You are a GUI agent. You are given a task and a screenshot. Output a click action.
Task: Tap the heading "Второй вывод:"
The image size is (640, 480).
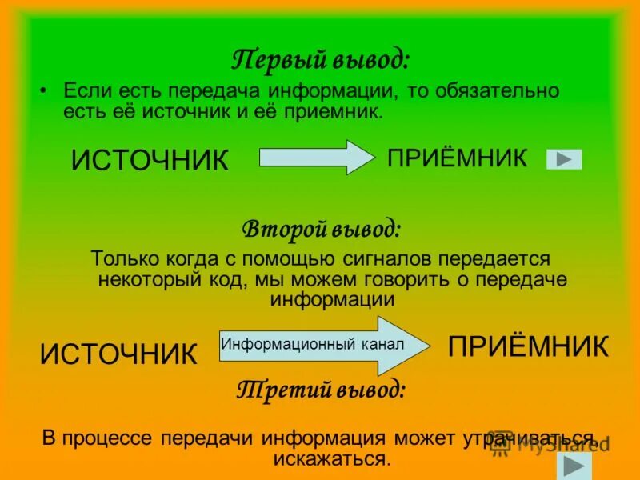tap(322, 230)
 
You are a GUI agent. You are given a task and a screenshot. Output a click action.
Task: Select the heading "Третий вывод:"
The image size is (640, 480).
tap(322, 390)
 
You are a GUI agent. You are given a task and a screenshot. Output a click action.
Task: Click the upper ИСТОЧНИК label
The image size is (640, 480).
tap(150, 160)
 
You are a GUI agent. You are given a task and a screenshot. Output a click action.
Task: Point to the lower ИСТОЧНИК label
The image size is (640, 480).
tap(118, 353)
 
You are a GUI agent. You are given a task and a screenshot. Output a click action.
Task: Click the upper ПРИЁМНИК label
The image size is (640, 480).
tap(458, 158)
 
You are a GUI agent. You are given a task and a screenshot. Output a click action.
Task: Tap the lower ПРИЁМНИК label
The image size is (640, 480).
tap(528, 346)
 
